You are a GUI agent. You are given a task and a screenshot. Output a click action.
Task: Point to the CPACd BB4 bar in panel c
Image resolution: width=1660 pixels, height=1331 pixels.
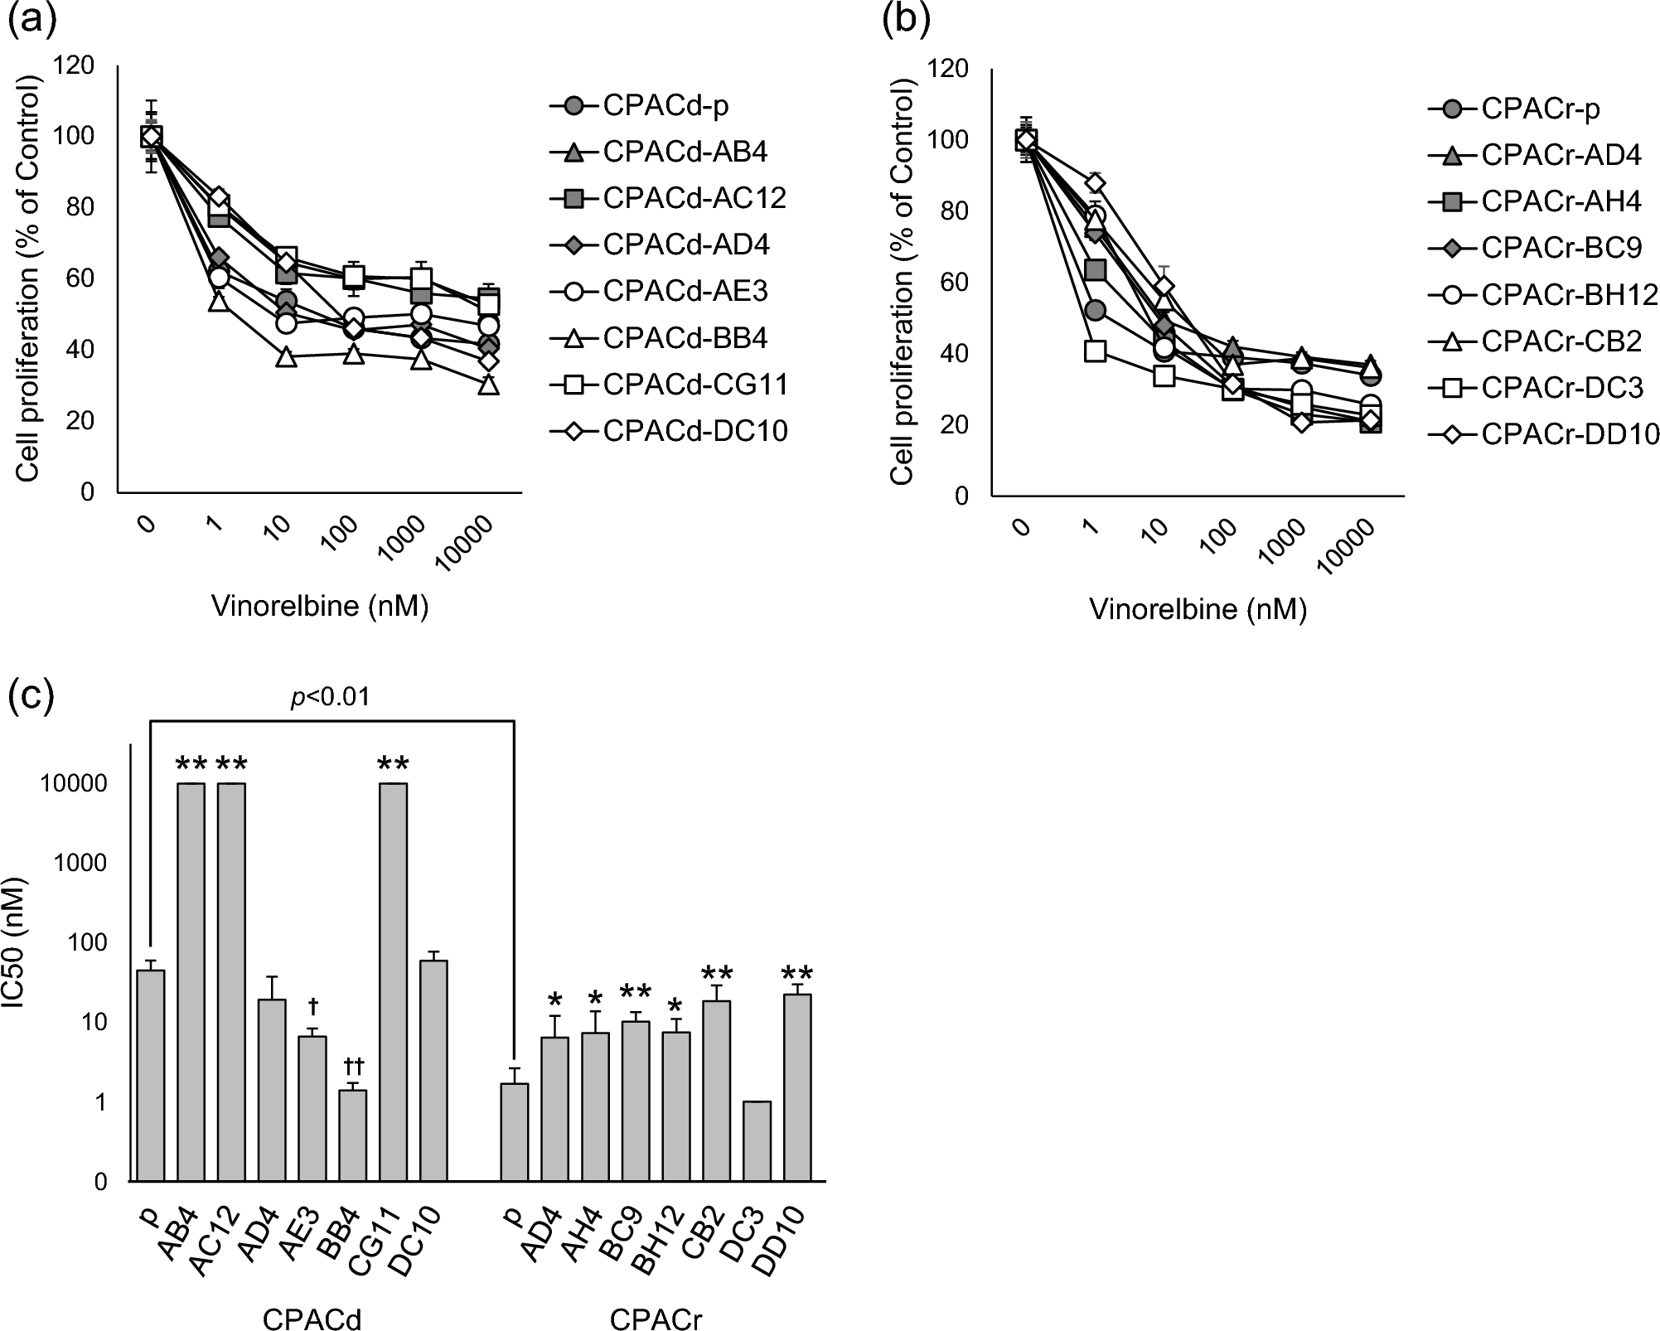[x=352, y=1135]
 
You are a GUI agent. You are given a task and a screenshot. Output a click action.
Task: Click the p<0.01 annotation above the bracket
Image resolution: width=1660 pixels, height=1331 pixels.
[x=330, y=698]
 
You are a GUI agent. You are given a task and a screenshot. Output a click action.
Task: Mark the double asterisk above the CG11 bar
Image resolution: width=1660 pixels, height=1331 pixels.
[x=393, y=764]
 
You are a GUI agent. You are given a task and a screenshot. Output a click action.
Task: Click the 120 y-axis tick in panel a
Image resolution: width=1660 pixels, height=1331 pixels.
[x=76, y=65]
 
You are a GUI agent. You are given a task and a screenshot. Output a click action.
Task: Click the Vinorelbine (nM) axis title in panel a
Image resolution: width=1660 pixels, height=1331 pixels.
[x=320, y=607]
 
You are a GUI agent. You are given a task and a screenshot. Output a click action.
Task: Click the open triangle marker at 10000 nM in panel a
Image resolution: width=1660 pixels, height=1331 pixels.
[x=488, y=385]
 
